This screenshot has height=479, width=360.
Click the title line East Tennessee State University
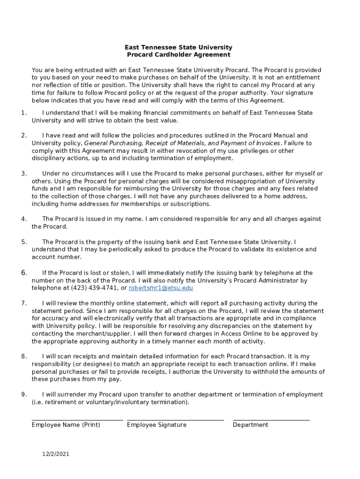point(178,47)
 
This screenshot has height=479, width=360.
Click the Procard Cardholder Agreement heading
point(178,55)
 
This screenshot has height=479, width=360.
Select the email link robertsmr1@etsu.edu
point(161,288)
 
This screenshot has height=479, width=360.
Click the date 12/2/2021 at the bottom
point(55,454)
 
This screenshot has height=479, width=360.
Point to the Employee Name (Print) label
point(66,425)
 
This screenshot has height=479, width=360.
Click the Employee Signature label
point(157,425)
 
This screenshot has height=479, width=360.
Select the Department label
point(251,425)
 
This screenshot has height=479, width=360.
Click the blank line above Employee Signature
point(175,420)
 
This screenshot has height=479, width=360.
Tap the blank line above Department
point(271,420)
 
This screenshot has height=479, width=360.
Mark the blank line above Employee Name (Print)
point(77,420)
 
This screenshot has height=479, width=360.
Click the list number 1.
point(23,113)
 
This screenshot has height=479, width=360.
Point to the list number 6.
point(23,273)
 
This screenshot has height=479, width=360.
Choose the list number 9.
point(23,394)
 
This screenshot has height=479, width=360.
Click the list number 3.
point(23,174)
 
